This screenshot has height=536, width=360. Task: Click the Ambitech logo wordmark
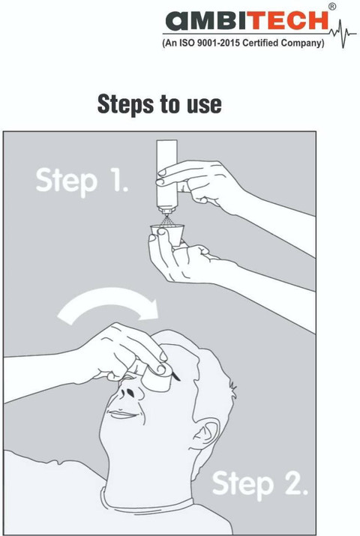pos(247,21)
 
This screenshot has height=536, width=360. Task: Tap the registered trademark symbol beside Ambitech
pos(331,7)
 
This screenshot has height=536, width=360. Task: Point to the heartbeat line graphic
pos(343,34)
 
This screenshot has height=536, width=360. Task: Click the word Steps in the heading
pos(126,104)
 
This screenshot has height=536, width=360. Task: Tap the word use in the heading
pos(204,105)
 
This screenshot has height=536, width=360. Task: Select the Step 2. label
pos(259,483)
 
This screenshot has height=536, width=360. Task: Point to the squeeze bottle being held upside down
pos(166,176)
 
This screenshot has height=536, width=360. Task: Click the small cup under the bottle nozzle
pos(168,234)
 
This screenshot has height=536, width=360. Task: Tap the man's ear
pos(206,433)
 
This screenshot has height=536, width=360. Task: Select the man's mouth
pos(122,415)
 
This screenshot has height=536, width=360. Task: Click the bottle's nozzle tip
pos(166,214)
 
